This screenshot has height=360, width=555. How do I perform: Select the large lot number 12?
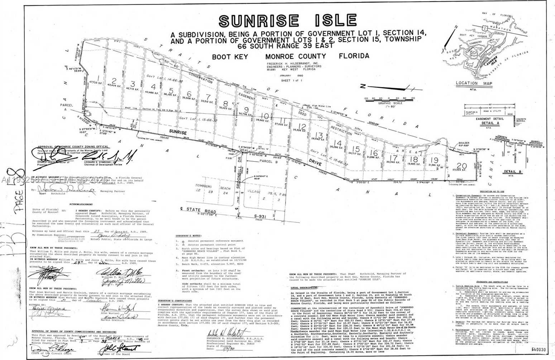coord(302,126)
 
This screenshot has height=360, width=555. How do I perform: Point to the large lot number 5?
coord(171,90)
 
